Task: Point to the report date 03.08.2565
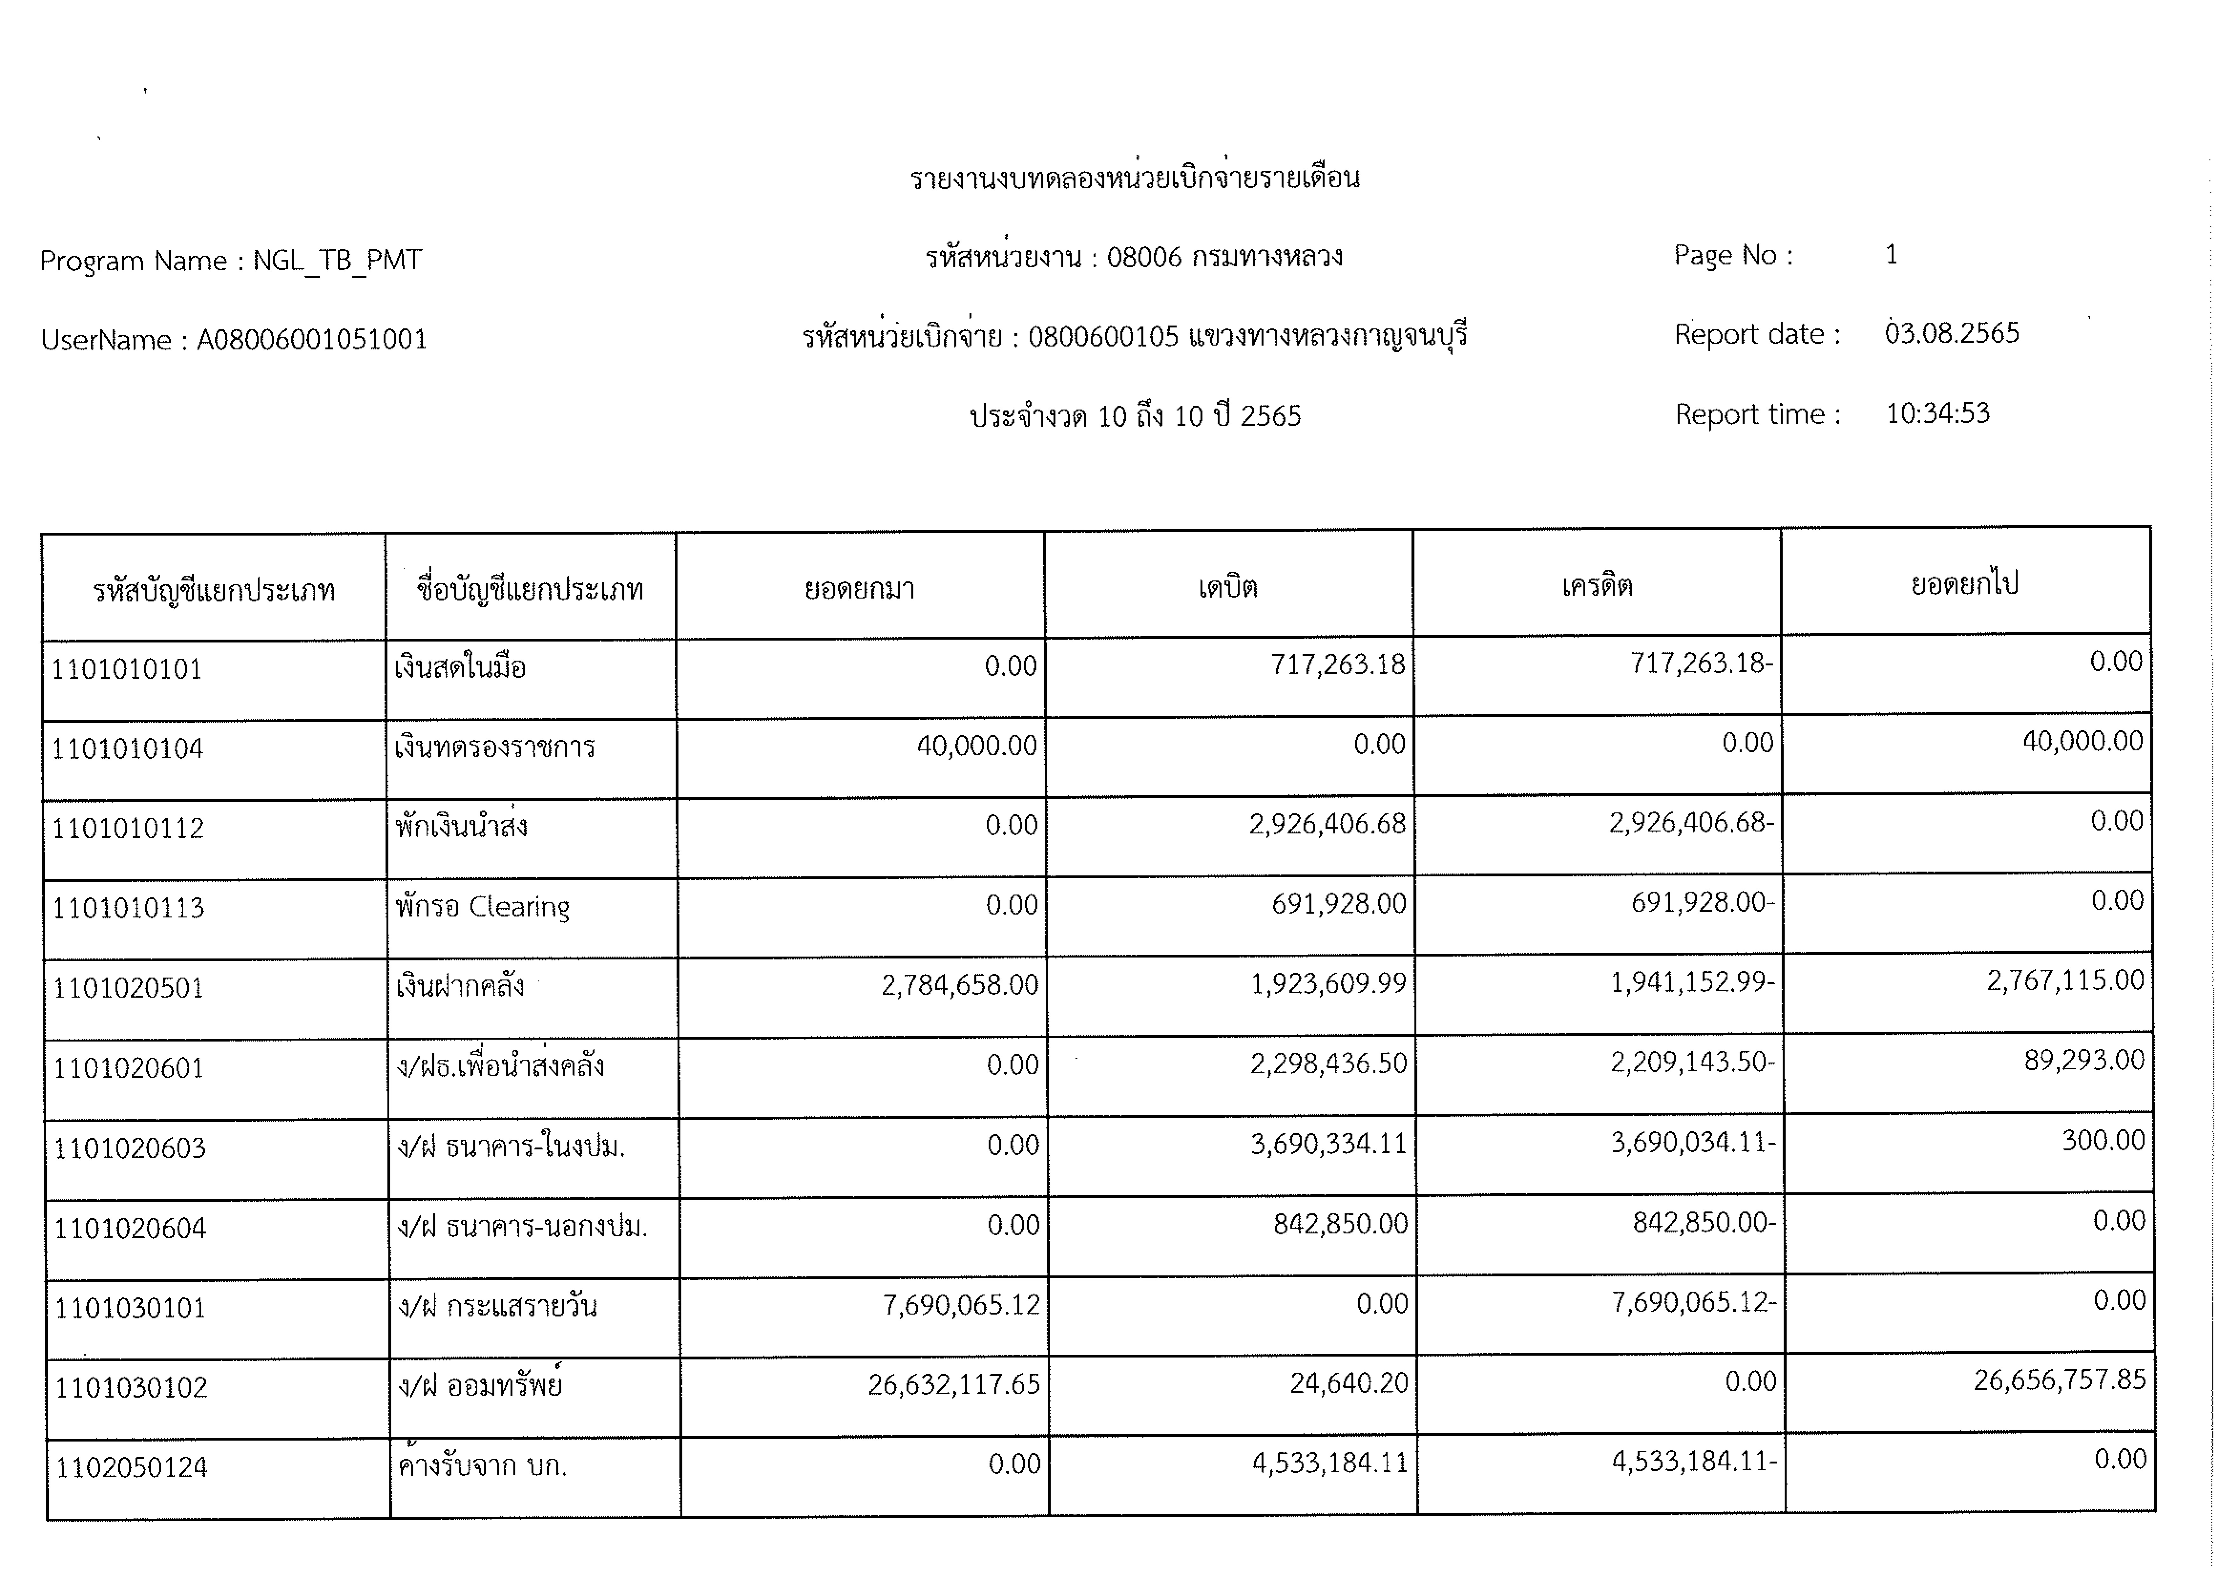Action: pyautogui.click(x=1951, y=333)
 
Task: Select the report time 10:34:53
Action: pyautogui.click(x=1937, y=413)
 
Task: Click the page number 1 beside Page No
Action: pyautogui.click(x=1891, y=255)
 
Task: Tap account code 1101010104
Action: pyautogui.click(x=127, y=749)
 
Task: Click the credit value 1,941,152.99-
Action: pyautogui.click(x=1692, y=982)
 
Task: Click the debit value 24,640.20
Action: pyautogui.click(x=1348, y=1383)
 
